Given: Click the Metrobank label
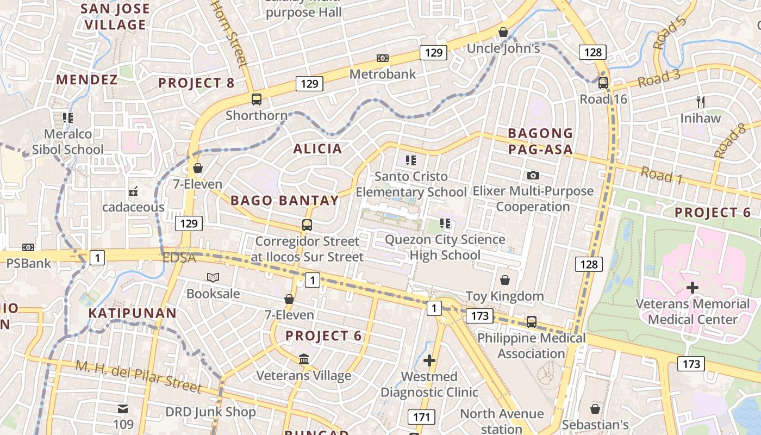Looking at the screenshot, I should [x=383, y=74].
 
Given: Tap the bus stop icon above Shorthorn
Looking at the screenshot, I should [x=257, y=100].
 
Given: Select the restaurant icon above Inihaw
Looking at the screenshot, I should [x=701, y=102].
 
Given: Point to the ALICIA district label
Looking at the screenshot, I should [x=318, y=149].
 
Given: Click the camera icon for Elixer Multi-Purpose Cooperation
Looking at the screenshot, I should [x=533, y=175].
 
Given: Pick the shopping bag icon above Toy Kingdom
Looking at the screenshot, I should [x=505, y=280].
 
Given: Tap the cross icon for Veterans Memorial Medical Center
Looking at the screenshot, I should [x=693, y=287].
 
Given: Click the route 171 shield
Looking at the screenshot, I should [x=421, y=417].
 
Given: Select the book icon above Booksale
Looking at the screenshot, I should [x=213, y=278].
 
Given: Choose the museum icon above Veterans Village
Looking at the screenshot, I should [x=304, y=359].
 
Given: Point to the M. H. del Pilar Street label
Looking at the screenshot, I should [x=139, y=376].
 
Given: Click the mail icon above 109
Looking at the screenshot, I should [x=123, y=408].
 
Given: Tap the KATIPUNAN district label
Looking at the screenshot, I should [x=133, y=313].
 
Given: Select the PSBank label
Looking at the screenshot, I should [x=28, y=264].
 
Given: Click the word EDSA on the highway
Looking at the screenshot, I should [x=179, y=258].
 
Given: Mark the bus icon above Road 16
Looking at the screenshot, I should [x=603, y=83].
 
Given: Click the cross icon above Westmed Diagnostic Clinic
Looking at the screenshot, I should [x=429, y=361].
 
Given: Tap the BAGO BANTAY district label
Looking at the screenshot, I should [x=285, y=201].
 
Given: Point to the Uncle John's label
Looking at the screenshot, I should [x=503, y=48].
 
